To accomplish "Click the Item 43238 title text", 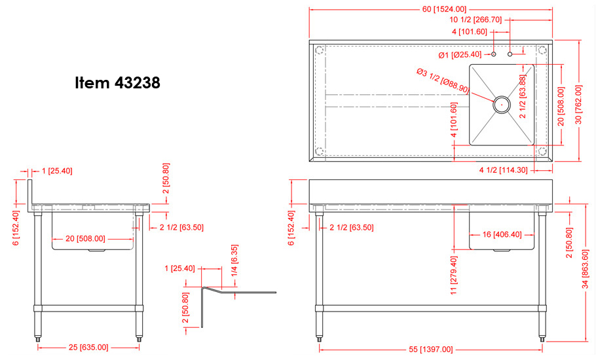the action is coord(117,82).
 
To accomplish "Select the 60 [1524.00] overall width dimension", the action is coord(444,9).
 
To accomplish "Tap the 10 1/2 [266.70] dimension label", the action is coord(475,20).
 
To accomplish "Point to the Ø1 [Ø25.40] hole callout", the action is coord(460,55).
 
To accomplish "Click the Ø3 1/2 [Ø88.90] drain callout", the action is coord(443,81).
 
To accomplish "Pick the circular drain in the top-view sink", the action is coord(502,105).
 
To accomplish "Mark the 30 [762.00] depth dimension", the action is coord(578,105).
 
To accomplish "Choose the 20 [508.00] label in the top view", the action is coord(561,107).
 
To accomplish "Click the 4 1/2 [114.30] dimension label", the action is coord(503,170).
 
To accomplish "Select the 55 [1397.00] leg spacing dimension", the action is coord(431,349).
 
